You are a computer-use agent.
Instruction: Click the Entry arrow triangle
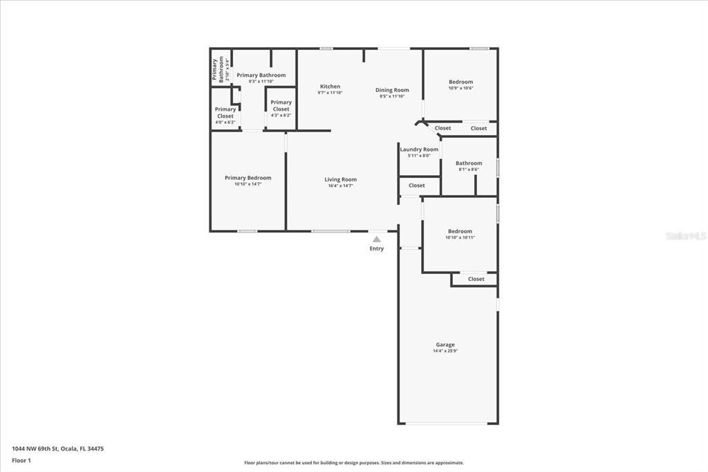click(376, 239)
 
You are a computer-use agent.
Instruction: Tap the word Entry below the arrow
click(376, 248)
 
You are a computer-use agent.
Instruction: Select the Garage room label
click(445, 345)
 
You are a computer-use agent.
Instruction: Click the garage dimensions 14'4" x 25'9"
click(445, 351)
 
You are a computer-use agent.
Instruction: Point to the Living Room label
click(340, 179)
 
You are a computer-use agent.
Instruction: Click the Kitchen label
click(330, 87)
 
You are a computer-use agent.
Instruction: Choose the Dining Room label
click(392, 90)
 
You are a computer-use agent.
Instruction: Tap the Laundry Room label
click(419, 149)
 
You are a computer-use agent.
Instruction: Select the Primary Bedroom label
click(248, 178)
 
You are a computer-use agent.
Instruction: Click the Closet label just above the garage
click(476, 279)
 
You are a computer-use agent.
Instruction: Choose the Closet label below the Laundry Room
click(416, 185)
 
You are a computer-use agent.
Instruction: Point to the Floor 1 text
click(21, 460)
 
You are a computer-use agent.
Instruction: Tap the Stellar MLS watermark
click(685, 236)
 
